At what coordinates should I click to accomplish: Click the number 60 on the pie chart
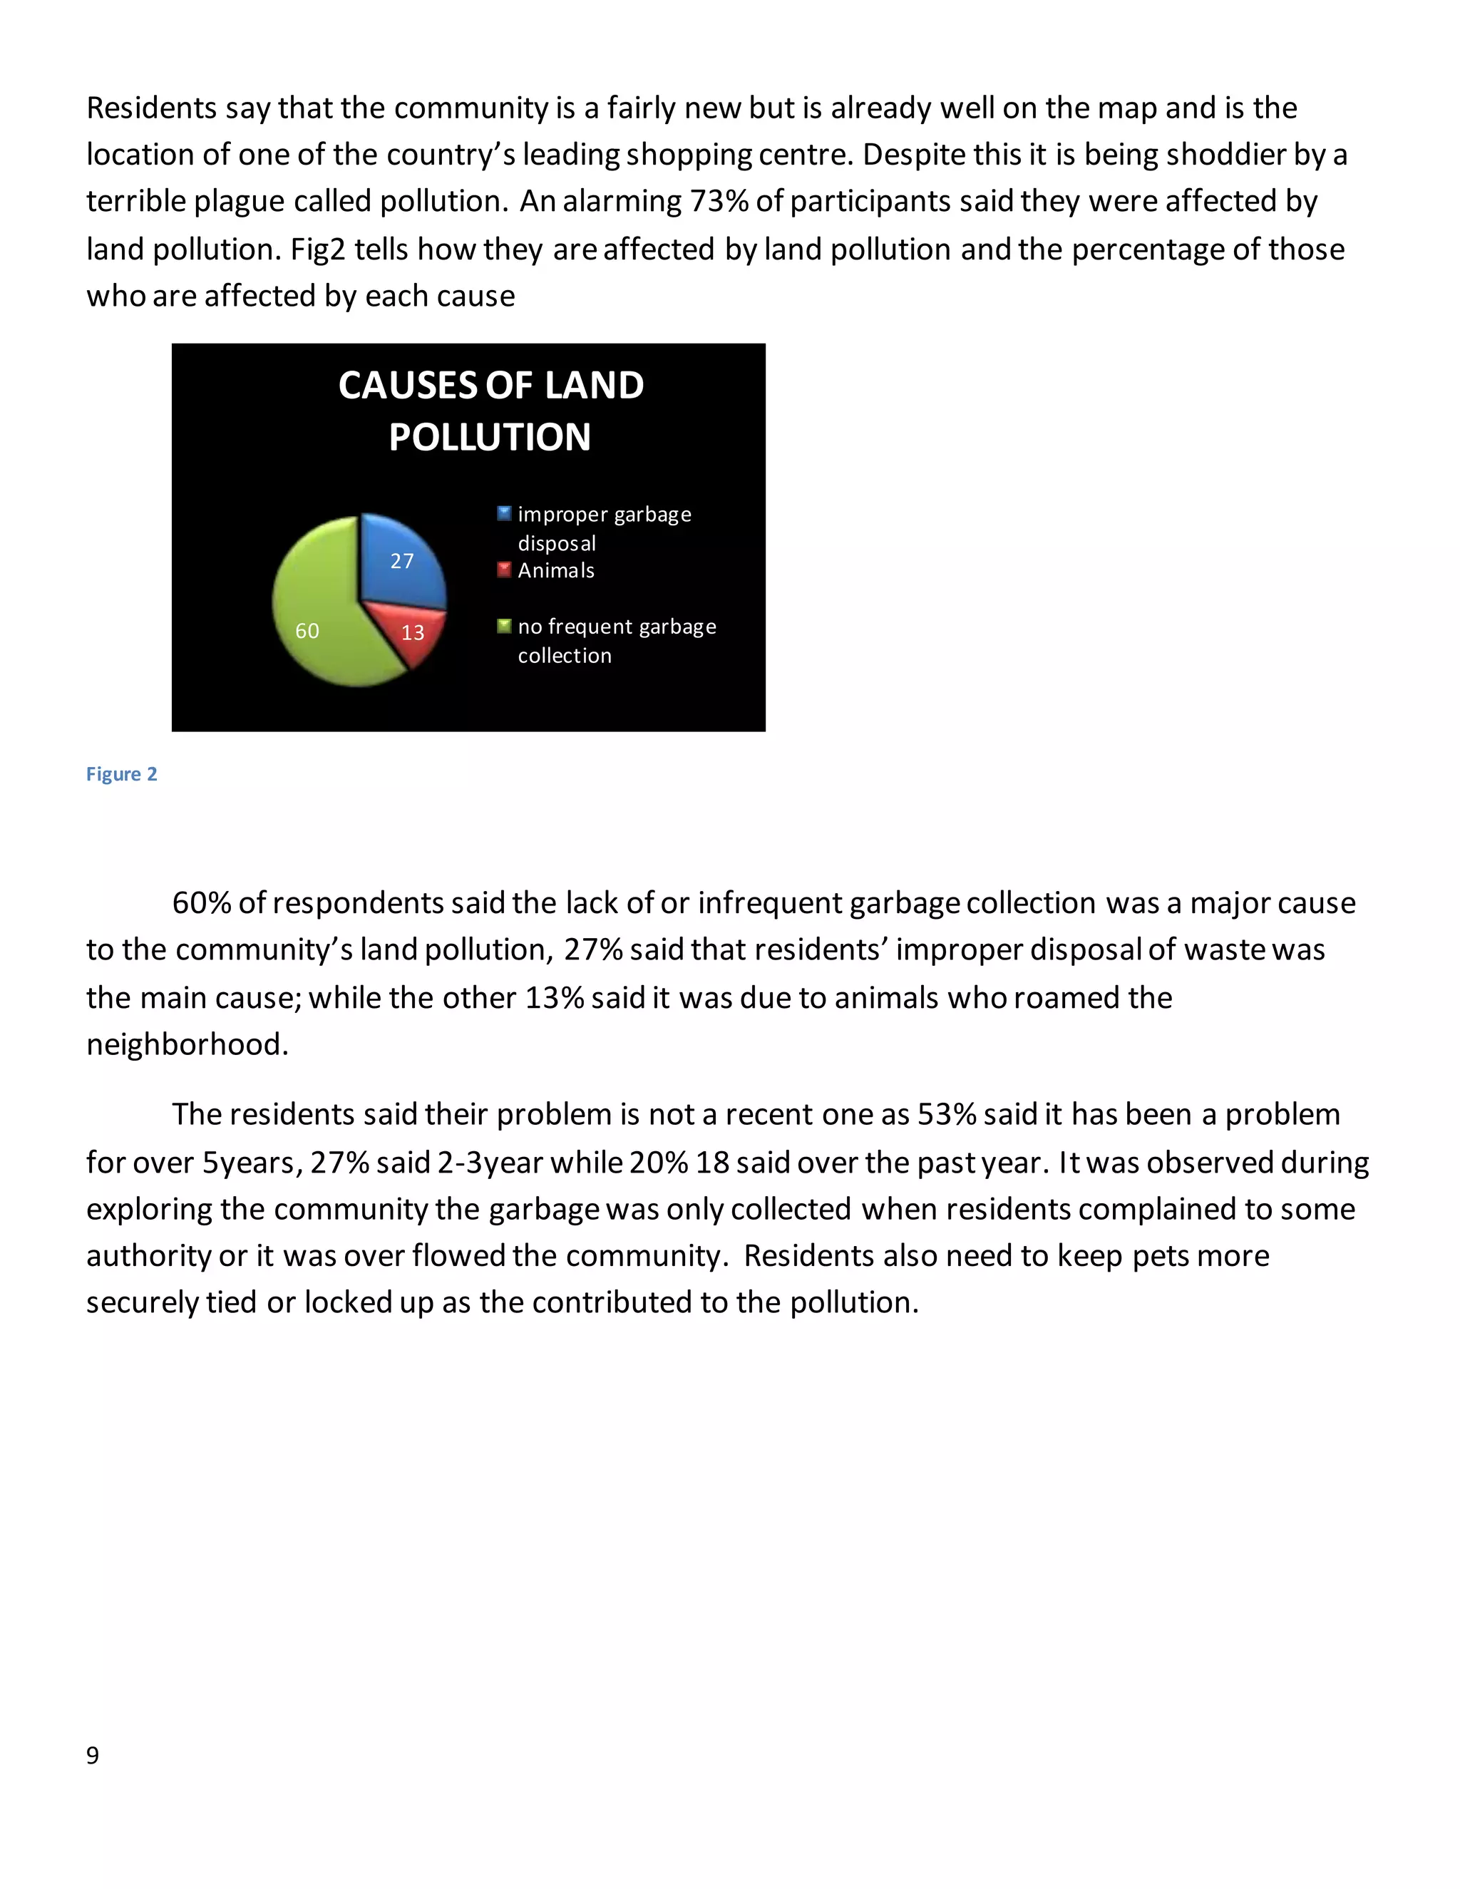(307, 631)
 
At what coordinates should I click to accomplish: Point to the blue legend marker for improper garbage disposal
(504, 513)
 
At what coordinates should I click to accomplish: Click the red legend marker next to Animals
(504, 569)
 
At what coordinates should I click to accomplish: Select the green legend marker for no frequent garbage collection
(504, 625)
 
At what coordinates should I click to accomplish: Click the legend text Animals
(556, 571)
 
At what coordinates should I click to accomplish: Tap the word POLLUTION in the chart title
(490, 437)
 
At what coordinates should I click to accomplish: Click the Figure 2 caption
(121, 774)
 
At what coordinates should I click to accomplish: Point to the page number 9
(93, 1755)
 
